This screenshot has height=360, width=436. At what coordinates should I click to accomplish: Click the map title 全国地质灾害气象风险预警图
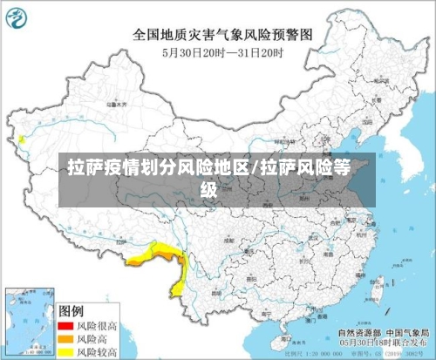point(222,36)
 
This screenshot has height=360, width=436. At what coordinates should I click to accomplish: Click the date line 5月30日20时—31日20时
point(222,52)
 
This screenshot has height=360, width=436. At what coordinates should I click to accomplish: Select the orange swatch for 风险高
point(65,337)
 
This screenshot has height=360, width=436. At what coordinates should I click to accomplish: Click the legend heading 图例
point(72,309)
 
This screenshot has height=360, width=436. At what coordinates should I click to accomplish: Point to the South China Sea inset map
point(26,323)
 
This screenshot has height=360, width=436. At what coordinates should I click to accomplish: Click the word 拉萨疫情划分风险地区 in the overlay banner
point(157,168)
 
